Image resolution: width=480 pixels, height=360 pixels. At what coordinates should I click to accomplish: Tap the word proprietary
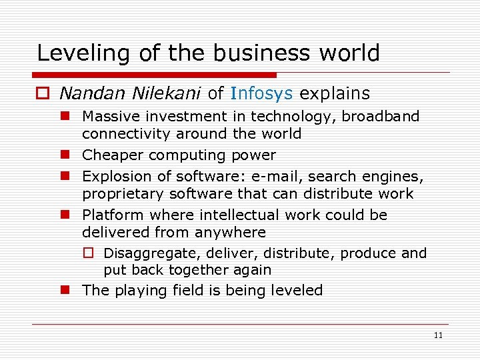pos(123,194)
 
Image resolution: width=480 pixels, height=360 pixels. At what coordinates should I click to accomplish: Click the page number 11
pos(437,335)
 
